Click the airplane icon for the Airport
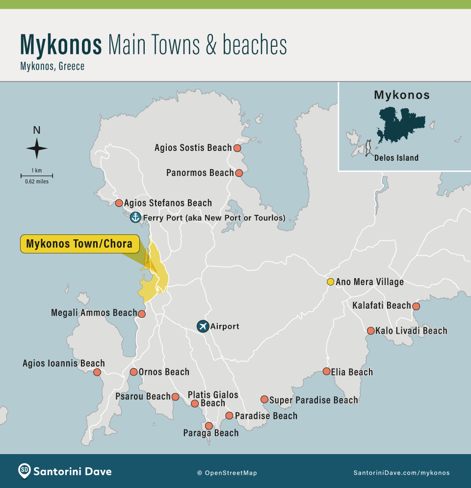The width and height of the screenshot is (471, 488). point(203,326)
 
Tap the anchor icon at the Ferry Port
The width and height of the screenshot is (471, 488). point(135,217)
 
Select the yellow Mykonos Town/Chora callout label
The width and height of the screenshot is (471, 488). point(79,244)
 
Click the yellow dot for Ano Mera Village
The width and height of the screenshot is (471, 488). point(331,282)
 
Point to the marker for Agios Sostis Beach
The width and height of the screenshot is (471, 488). point(237,148)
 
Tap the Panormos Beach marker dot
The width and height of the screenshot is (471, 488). point(239,173)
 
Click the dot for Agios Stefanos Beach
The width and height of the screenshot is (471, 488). point(119,203)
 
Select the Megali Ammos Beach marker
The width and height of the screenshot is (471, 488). point(142,314)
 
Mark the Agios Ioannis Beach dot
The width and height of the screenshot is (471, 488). point(98,372)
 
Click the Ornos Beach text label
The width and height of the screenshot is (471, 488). point(164,372)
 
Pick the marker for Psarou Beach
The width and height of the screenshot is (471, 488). point(176,397)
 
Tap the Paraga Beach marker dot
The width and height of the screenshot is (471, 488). point(209,426)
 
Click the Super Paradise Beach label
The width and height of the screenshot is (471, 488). point(314,400)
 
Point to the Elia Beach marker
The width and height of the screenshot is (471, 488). point(326,372)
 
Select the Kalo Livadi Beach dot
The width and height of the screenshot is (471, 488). point(370,331)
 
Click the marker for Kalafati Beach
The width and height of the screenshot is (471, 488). point(416,306)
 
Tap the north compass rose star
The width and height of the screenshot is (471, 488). point(37,148)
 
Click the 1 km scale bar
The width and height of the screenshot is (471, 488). point(37,175)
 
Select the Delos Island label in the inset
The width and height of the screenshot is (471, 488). point(396,158)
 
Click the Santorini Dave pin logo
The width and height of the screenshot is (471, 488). point(25,471)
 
